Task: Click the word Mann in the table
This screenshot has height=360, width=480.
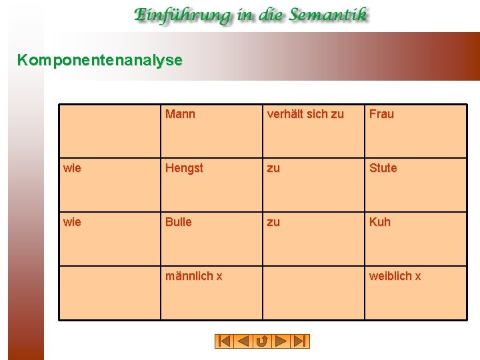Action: [180, 114]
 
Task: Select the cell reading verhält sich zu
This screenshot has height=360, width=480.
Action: [305, 114]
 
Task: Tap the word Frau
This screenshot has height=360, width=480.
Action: [381, 114]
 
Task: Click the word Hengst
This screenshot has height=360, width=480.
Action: [184, 168]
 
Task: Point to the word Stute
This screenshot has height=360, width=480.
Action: [383, 168]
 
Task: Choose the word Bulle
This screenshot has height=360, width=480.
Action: [178, 222]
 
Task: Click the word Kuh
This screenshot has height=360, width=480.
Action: [379, 222]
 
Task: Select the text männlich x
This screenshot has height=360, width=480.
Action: [194, 276]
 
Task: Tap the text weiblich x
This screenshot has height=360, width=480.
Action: [395, 276]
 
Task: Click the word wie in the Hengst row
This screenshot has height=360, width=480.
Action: [72, 168]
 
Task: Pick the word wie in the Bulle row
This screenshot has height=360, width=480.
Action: [72, 222]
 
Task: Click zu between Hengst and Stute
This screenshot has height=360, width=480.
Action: [273, 168]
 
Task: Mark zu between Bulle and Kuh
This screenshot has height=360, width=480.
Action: [273, 222]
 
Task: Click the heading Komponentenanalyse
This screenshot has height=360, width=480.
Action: [99, 60]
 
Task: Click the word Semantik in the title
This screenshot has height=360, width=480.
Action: [326, 15]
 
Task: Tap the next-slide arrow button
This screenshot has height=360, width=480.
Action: [281, 341]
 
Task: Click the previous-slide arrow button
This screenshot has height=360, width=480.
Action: [243, 341]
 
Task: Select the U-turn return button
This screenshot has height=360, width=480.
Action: [262, 341]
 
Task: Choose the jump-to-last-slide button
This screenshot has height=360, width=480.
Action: [301, 341]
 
